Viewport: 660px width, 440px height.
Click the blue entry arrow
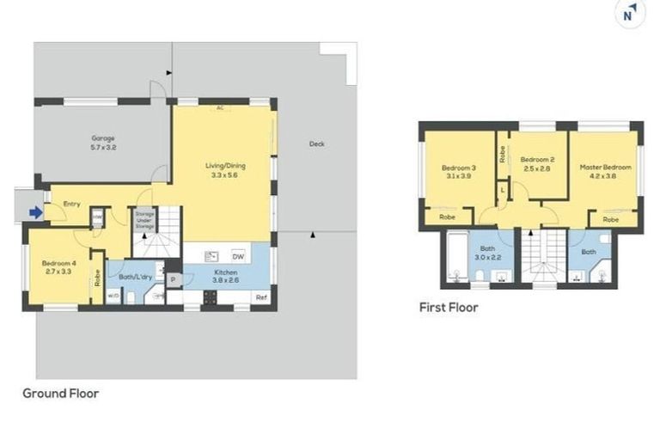[35, 211]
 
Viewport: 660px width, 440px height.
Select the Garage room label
[103, 143]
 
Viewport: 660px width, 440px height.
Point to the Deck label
[316, 144]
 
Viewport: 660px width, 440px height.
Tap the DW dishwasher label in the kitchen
[237, 255]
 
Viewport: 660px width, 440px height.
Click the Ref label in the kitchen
[261, 296]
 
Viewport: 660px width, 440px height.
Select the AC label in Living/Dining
[220, 108]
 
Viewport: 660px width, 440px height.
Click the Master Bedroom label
[605, 172]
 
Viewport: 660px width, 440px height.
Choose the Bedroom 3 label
[459, 172]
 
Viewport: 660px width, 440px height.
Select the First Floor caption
[449, 307]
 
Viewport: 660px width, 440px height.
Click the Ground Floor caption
[60, 394]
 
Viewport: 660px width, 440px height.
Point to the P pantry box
[173, 278]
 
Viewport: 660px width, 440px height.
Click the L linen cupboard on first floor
[501, 189]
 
